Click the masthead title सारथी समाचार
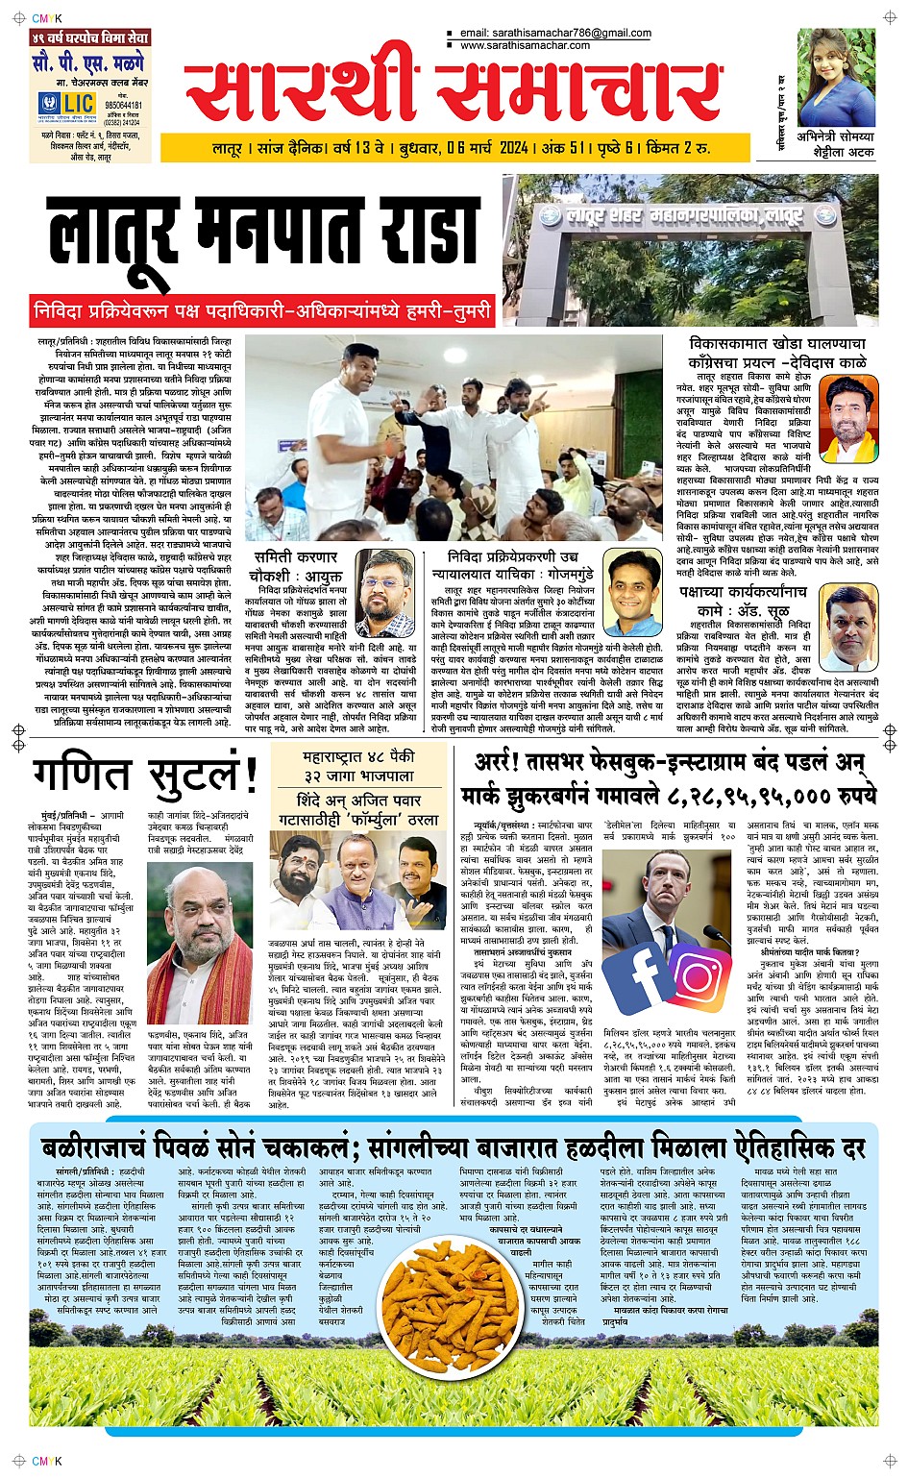pos(452,93)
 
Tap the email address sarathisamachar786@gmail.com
pos(555,33)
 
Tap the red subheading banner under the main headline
pos(261,311)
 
